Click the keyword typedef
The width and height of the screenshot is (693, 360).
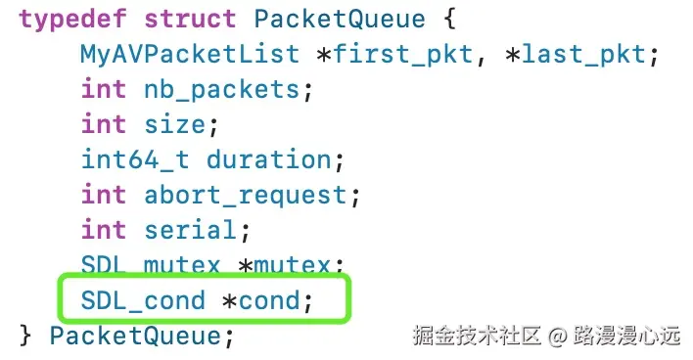72,19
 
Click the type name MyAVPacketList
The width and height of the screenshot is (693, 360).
189,54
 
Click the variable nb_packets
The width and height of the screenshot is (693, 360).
220,89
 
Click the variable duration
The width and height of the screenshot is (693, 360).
267,159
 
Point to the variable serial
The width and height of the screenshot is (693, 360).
190,230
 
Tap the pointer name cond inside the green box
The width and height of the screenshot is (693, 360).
266,300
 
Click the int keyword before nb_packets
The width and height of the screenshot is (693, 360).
104,89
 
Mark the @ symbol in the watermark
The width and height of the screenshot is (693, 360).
557,337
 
